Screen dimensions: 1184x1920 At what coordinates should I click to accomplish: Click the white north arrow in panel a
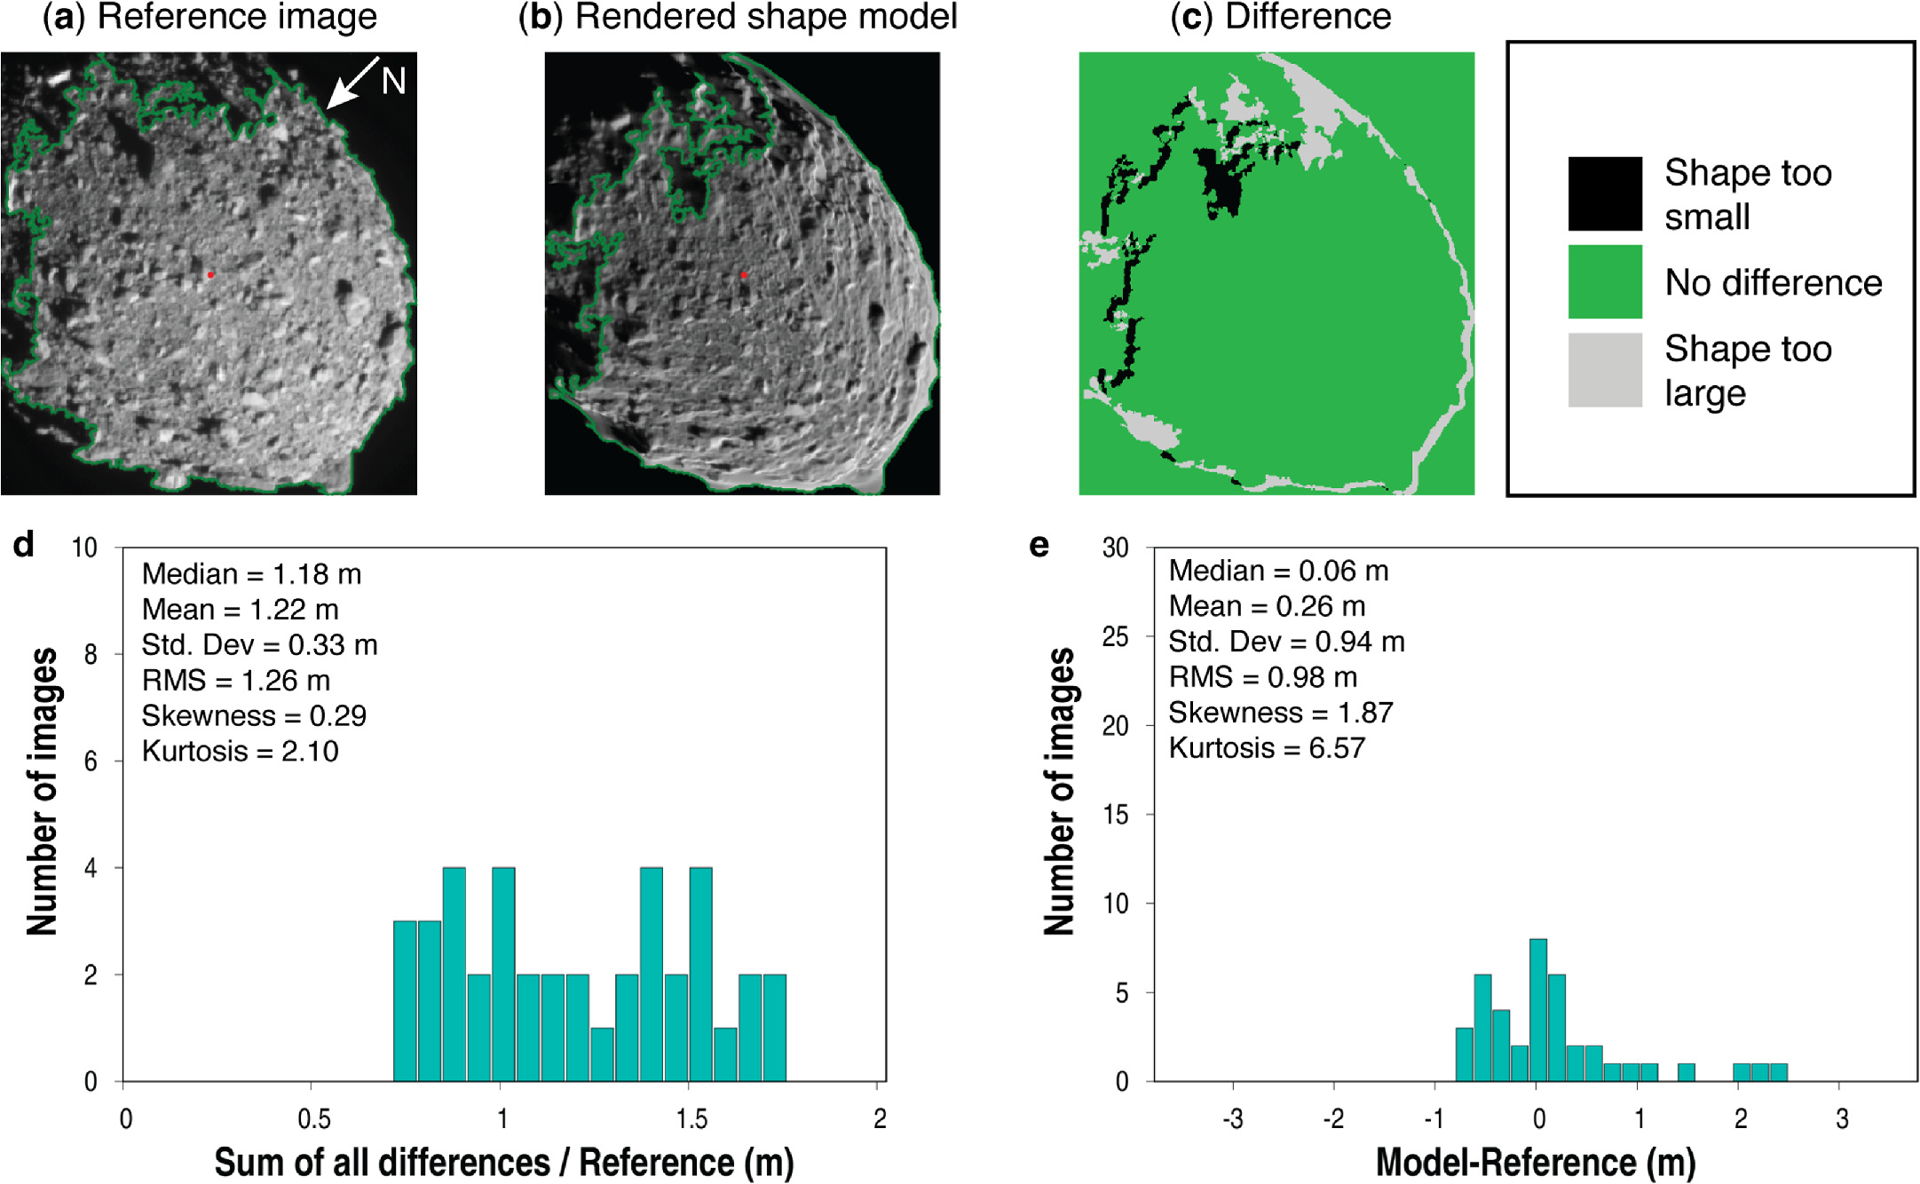point(351,84)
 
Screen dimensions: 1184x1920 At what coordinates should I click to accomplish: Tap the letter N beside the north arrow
point(393,82)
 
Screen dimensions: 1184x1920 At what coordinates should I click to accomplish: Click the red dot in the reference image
point(210,275)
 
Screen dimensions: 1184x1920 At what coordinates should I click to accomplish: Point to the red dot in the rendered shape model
point(744,275)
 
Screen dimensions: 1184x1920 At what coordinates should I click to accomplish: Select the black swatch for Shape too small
point(1604,193)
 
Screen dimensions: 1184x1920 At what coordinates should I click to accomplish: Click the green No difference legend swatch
point(1604,281)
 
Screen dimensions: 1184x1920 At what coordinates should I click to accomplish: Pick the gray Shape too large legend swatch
point(1604,370)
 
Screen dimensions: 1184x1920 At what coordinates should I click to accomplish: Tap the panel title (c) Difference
point(1280,17)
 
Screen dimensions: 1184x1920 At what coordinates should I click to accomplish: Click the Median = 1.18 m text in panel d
point(251,574)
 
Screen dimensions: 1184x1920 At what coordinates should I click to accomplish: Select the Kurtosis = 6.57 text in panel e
point(1266,748)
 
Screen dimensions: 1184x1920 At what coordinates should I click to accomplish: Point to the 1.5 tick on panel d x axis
point(691,1118)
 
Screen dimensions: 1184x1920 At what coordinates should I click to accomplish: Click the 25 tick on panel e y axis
point(1116,636)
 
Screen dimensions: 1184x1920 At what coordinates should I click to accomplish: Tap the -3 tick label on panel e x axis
point(1232,1118)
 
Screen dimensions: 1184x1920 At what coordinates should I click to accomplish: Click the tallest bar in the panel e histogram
point(1538,1010)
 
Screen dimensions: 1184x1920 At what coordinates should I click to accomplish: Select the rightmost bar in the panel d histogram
point(774,1028)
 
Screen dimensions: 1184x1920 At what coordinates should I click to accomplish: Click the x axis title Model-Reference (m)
point(1536,1162)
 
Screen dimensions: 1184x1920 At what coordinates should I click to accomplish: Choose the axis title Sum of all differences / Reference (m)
point(504,1162)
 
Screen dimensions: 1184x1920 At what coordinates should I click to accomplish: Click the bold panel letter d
point(24,545)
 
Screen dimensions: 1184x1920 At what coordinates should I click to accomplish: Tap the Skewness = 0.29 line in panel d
point(254,715)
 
